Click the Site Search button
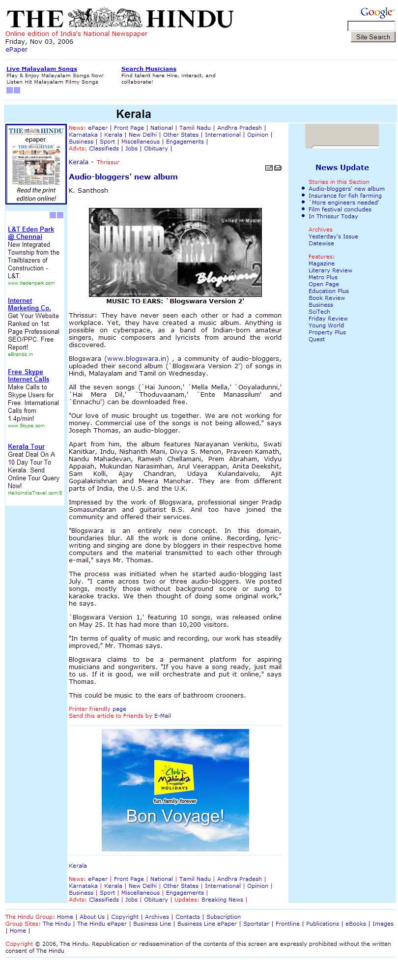pos(373,37)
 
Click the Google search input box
pos(371,26)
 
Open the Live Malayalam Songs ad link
pos(42,69)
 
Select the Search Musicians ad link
pos(149,69)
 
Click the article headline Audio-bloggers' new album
pos(123,177)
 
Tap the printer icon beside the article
pos(278,168)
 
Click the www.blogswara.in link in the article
pos(138,358)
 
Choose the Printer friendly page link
pos(97,709)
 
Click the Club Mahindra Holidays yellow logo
pos(174,777)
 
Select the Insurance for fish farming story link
pos(345,196)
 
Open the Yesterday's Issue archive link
pos(333,236)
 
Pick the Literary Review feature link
pos(330,270)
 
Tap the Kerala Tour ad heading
pos(26,447)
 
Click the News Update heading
pos(342,168)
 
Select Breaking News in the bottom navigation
pos(222,900)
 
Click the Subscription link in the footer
pos(224,917)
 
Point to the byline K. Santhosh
pos(88,191)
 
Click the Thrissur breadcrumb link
pos(108,162)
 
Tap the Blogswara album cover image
pos(175,252)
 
